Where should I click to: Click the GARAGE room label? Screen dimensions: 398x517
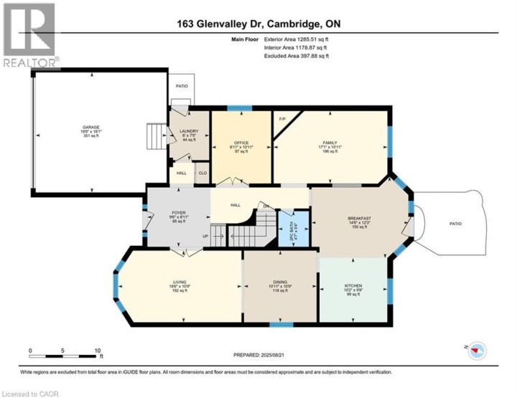pos(90,125)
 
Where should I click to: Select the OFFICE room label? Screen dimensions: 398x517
pos(241,142)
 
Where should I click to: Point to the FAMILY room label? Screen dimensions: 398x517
pos(330,143)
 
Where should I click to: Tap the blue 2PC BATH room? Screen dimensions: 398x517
pos(292,228)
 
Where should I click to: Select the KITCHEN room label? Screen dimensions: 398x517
pos(353,285)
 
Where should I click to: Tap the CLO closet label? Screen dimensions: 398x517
pos(202,173)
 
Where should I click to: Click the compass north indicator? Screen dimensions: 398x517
pos(478,349)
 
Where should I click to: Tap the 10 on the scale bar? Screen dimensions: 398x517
pos(97,351)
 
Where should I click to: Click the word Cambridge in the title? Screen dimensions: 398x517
pos(294,24)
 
